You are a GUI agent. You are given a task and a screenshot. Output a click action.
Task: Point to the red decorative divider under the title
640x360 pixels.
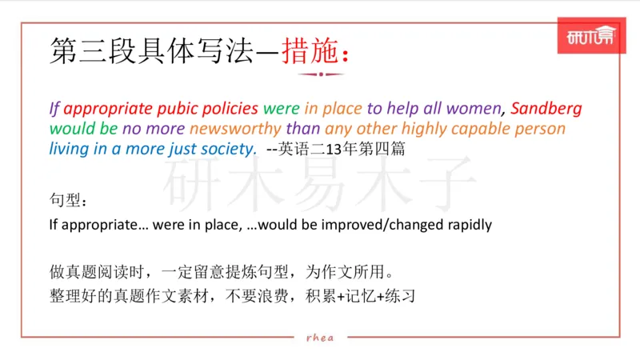(x=320, y=74)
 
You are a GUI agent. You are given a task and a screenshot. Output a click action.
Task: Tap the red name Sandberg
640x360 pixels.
(x=546, y=109)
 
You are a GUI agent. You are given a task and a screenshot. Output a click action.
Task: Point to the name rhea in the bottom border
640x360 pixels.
(x=320, y=337)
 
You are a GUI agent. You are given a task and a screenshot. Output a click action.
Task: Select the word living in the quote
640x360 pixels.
(x=68, y=149)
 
